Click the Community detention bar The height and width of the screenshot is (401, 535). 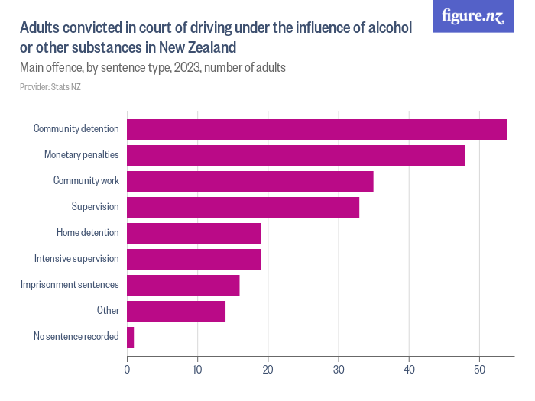316,129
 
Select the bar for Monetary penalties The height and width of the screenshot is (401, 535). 295,155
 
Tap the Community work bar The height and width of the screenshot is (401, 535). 250,181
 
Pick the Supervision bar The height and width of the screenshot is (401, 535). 242,207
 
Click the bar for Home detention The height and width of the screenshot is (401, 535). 193,233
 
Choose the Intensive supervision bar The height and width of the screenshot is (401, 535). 193,259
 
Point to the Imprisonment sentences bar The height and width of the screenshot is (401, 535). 183,285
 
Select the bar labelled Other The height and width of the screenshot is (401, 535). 176,311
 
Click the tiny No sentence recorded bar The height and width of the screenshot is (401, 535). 130,337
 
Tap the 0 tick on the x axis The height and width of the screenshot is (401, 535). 127,369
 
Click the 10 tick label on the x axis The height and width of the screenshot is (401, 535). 197,369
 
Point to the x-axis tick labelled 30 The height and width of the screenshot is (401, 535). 339,369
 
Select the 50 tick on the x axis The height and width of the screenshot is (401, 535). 479,369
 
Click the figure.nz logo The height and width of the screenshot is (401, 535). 474,16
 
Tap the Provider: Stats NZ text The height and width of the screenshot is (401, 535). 50,87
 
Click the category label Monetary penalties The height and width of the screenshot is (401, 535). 81,155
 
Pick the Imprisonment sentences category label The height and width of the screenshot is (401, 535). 70,285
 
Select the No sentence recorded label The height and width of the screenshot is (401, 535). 76,337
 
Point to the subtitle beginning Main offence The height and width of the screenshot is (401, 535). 153,68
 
